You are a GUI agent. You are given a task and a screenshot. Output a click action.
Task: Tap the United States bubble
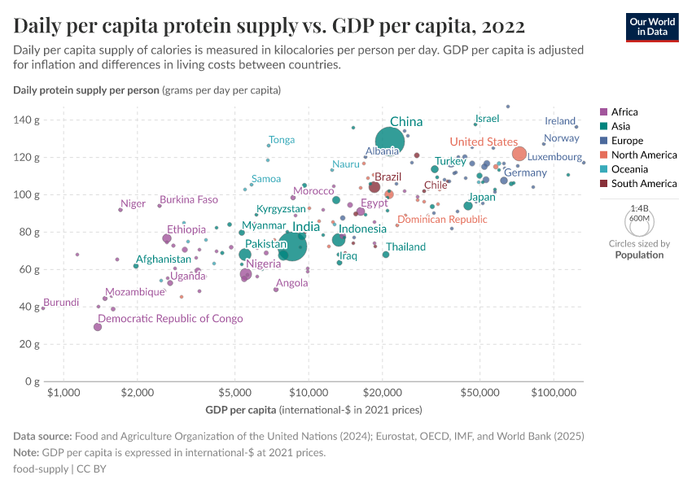(x=519, y=154)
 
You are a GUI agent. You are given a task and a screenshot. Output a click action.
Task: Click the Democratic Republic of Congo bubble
(x=98, y=326)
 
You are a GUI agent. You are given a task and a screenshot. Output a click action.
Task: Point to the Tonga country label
(x=282, y=140)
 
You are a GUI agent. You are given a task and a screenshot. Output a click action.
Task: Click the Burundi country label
(x=61, y=303)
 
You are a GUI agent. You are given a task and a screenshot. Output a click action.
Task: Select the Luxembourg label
(x=554, y=157)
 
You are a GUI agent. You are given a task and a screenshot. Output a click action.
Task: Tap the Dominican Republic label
(x=442, y=220)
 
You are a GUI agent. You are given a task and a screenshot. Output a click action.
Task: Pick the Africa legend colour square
(x=602, y=112)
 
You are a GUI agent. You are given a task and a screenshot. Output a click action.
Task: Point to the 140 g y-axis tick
(x=25, y=120)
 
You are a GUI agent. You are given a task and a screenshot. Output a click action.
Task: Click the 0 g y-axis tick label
(x=28, y=381)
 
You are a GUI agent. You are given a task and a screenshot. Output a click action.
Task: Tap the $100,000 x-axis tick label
(x=554, y=394)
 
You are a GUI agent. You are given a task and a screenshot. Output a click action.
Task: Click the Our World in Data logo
(x=651, y=26)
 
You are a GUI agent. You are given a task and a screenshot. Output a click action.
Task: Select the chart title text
(x=269, y=25)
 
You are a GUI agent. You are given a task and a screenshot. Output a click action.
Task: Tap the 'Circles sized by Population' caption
(x=639, y=249)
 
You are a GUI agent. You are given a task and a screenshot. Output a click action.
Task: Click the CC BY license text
(x=91, y=469)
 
